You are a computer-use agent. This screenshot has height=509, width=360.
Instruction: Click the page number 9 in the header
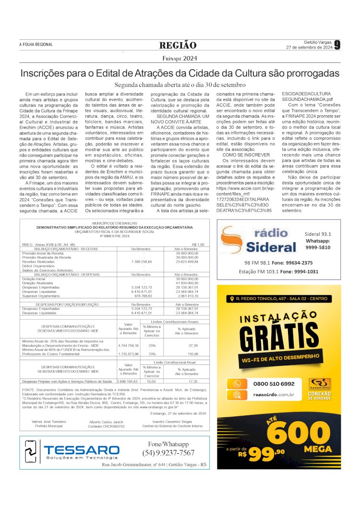point(337,45)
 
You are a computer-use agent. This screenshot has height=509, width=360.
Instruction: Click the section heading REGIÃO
point(178,45)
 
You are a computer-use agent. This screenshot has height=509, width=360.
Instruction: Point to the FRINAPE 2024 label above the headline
point(180,59)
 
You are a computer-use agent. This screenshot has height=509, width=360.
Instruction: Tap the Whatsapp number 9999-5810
point(318,247)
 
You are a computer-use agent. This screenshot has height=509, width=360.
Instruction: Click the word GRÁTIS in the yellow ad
point(279,340)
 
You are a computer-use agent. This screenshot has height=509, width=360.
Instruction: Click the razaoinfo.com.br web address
point(274,395)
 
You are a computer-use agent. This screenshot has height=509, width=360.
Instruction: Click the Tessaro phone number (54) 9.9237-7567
point(168,453)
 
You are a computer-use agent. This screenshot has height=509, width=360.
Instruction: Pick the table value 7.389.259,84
point(141,262)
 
